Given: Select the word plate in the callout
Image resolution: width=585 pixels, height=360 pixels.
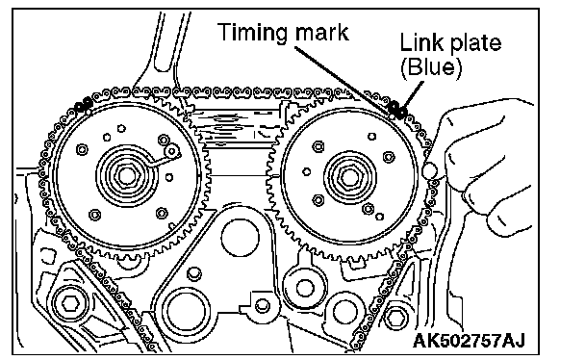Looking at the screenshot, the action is click(x=475, y=44).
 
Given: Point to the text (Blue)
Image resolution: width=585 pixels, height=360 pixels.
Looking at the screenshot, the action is click(x=431, y=67).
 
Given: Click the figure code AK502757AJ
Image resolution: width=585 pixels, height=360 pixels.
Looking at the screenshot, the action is click(x=469, y=340).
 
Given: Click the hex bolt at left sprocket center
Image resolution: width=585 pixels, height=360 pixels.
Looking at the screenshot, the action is click(x=127, y=175).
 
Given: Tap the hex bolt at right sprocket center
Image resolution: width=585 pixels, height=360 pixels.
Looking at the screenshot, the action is click(x=349, y=177).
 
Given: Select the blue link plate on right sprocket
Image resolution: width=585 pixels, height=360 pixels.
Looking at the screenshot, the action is click(x=397, y=110).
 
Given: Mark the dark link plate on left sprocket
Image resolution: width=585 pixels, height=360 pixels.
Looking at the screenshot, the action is click(x=84, y=105).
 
